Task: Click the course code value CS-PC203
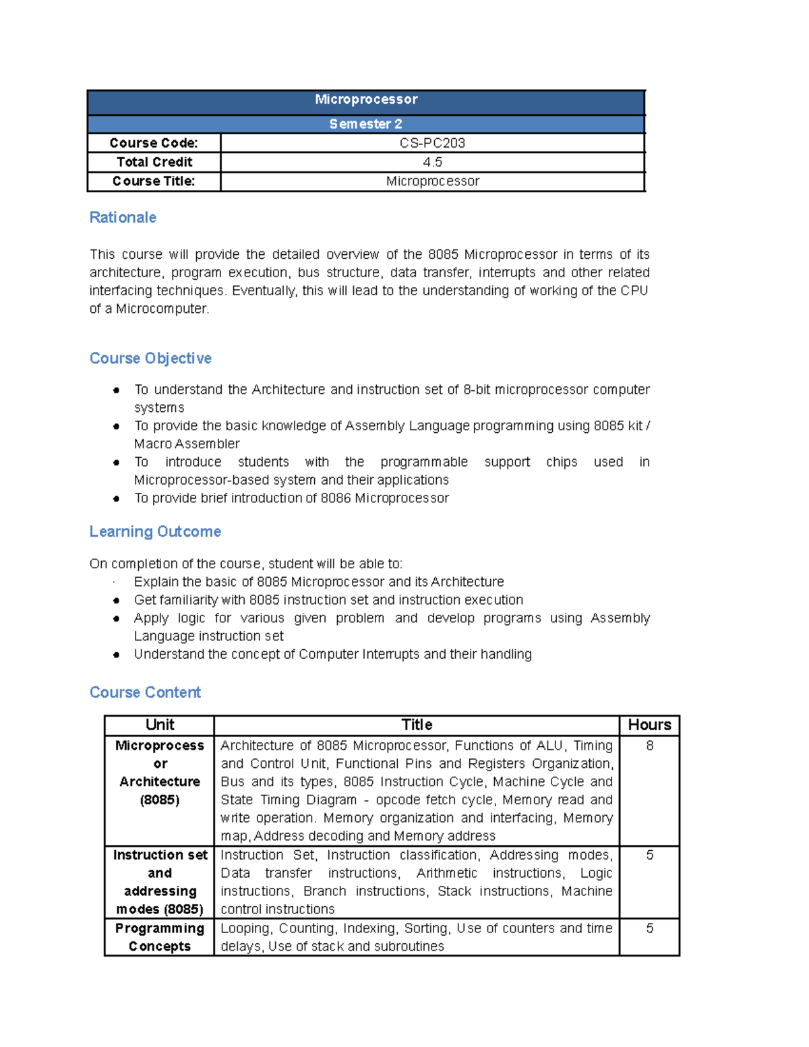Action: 432,143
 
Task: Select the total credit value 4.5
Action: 432,162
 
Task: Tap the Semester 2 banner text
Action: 365,124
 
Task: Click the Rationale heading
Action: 123,217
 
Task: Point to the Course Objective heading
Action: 150,358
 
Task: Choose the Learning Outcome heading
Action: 155,531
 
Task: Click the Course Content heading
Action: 145,692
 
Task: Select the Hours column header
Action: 649,725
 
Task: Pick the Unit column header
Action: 160,725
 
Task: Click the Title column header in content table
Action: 417,725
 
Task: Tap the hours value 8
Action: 649,746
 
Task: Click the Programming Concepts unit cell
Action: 160,937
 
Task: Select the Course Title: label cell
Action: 154,181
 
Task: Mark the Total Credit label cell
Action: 154,162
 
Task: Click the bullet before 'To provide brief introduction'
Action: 117,499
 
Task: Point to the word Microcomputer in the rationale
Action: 162,309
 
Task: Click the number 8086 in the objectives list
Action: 336,498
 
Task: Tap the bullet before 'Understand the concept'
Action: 117,655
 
